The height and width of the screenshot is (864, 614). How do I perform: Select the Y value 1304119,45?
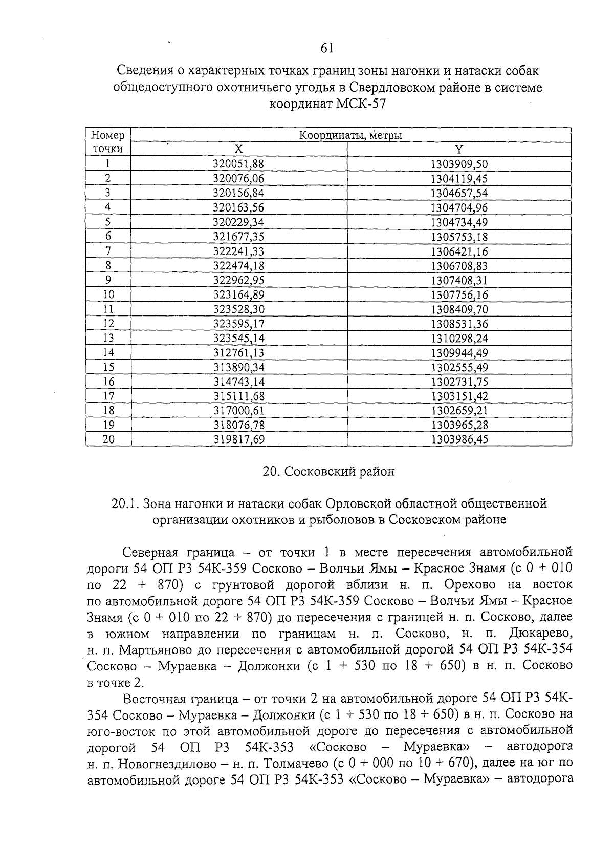(x=459, y=179)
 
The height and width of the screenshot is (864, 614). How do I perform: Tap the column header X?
(x=238, y=150)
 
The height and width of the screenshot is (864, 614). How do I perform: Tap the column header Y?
(x=459, y=150)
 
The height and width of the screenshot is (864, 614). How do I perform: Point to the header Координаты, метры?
(x=350, y=136)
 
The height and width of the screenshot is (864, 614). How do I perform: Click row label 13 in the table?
(x=108, y=338)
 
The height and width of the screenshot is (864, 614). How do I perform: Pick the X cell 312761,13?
(x=238, y=352)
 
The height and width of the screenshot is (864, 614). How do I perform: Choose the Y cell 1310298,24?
(x=459, y=338)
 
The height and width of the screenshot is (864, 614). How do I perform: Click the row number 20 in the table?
(x=108, y=439)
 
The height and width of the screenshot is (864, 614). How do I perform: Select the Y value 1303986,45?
(x=459, y=439)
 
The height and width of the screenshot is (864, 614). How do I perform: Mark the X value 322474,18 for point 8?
(x=238, y=266)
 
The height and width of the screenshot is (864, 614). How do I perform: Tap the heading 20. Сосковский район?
(x=328, y=471)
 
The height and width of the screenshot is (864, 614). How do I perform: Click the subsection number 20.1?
(x=125, y=503)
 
